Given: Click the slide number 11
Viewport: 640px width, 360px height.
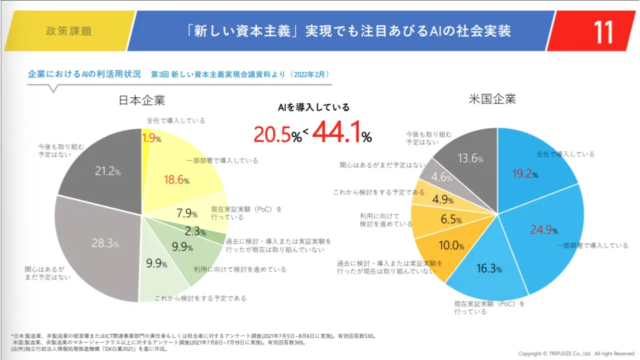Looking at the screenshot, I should click(603, 31).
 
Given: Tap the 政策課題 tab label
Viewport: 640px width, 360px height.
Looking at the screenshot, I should click(69, 31).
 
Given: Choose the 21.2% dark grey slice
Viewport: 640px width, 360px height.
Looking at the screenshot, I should click(107, 171).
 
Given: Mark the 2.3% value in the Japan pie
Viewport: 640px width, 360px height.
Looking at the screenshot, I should click(194, 232).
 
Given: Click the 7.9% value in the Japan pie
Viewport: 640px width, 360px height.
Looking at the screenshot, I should click(187, 214).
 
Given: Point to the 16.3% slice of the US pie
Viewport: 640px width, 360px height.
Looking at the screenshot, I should click(489, 269).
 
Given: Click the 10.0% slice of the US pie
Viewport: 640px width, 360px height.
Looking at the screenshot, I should click(451, 246).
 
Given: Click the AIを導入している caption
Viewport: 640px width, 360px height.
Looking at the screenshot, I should click(313, 107).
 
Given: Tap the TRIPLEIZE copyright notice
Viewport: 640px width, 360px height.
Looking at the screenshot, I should click(576, 353).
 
